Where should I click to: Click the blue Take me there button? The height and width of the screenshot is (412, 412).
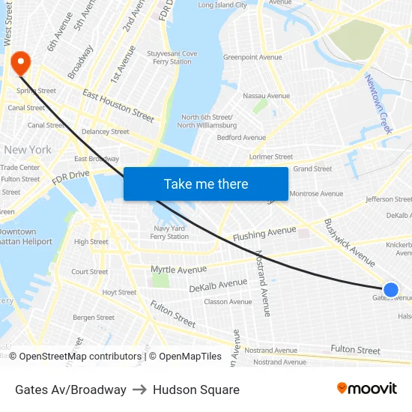tap(206, 184)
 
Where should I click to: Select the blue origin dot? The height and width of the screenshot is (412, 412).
tap(390, 290)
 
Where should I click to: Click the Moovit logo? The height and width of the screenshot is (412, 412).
tap(366, 389)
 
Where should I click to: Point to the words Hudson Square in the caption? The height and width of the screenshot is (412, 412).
tap(196, 390)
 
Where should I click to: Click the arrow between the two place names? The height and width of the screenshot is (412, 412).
tap(139, 390)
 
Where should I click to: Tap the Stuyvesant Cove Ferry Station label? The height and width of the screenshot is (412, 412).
tap(172, 58)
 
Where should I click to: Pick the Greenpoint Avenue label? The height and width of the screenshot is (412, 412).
tap(252, 58)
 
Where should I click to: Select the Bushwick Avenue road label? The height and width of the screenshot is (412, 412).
tap(349, 242)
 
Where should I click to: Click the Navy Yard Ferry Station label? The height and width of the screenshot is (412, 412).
tap(169, 232)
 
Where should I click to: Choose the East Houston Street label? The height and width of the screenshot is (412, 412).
tap(118, 106)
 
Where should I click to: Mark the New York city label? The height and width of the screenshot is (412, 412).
tap(28, 150)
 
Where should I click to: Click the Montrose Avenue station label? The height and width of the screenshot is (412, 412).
tap(316, 194)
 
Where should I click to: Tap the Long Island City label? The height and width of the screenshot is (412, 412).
tap(222, 5)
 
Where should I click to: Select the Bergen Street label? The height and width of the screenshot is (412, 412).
tap(94, 318)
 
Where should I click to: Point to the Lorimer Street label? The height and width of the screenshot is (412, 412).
tap(271, 157)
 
